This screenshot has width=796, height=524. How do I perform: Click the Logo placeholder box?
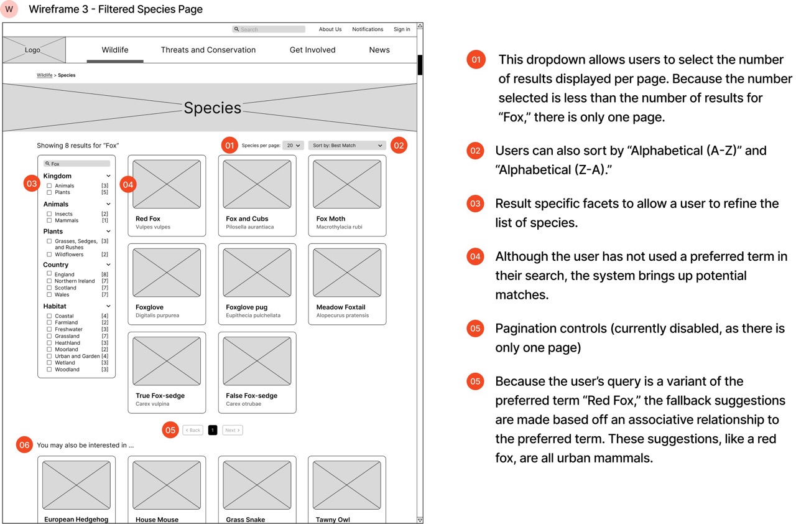tap(34, 50)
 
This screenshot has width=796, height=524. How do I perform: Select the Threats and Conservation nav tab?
tap(208, 50)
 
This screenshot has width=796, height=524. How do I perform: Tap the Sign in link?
tap(402, 29)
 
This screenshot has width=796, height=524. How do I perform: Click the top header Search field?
tap(269, 29)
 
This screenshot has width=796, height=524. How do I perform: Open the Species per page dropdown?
tap(293, 146)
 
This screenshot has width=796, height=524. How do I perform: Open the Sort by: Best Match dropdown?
tap(347, 146)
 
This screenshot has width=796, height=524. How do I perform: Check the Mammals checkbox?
tap(49, 220)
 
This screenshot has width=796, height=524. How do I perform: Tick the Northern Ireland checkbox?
tap(49, 281)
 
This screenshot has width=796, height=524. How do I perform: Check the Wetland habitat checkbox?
tap(49, 363)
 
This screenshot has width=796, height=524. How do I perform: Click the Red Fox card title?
tap(148, 219)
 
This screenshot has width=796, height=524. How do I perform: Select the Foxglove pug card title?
tap(246, 307)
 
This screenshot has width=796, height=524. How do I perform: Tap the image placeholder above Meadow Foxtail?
tap(347, 273)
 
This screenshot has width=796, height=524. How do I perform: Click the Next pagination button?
tap(232, 430)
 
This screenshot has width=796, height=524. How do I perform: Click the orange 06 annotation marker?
tap(24, 445)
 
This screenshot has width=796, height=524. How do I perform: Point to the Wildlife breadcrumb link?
tap(44, 75)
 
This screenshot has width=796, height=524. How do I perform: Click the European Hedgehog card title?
tap(76, 520)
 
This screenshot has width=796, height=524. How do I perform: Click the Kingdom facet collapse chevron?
tap(109, 176)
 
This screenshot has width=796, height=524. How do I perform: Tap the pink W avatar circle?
tap(9, 9)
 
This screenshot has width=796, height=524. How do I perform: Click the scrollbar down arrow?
tap(420, 520)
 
